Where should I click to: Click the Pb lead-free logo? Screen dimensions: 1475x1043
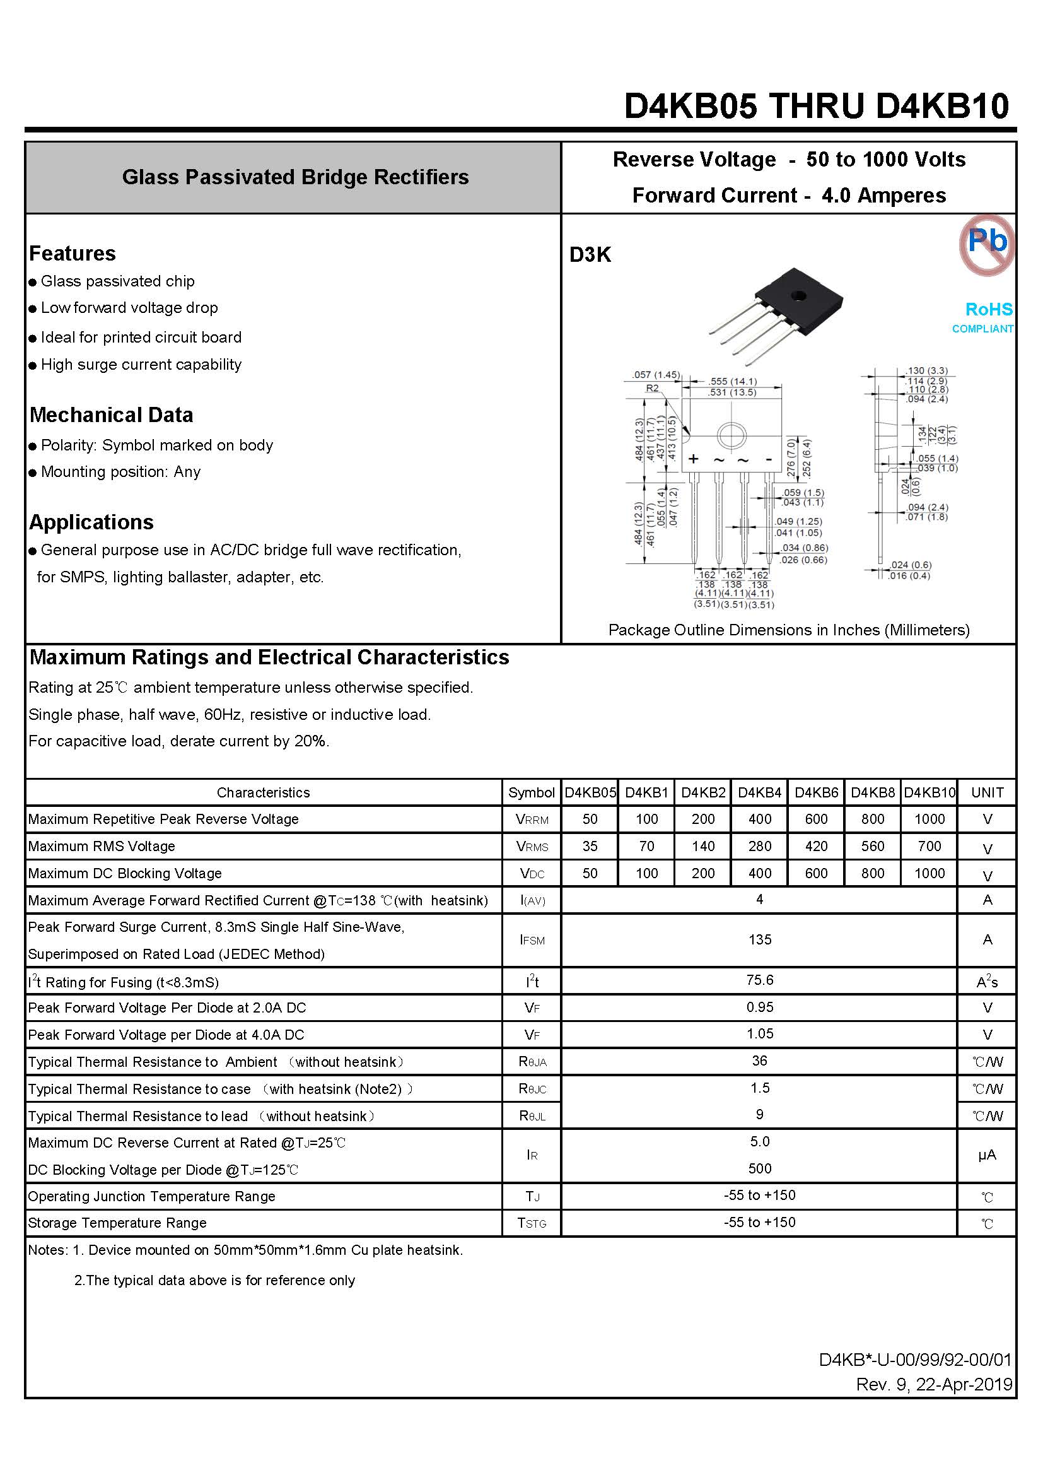click(x=986, y=244)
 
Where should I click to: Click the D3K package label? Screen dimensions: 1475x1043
click(x=590, y=255)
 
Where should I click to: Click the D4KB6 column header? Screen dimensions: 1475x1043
click(x=816, y=793)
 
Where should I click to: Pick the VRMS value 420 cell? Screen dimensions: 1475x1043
click(x=816, y=846)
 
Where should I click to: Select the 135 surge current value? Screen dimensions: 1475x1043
click(x=760, y=940)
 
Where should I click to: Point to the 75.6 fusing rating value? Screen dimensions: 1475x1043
click(x=760, y=980)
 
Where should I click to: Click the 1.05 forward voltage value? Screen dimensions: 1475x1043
click(x=760, y=1033)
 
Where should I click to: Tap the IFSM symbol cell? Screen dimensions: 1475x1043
click(x=532, y=940)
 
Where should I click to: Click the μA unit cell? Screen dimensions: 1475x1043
click(x=986, y=1155)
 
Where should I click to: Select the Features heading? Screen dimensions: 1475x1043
click(x=73, y=254)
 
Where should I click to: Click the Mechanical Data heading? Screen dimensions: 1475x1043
click(x=111, y=415)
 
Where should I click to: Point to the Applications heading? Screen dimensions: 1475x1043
click(x=91, y=522)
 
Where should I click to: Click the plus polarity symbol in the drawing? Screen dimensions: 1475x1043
click(x=693, y=459)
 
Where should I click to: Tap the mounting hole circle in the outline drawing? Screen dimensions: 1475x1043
click(x=730, y=436)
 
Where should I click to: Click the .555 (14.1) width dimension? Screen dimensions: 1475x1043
click(x=733, y=382)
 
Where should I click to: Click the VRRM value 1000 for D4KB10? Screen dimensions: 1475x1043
click(x=929, y=819)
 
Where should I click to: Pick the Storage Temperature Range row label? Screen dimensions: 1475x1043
click(x=117, y=1223)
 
